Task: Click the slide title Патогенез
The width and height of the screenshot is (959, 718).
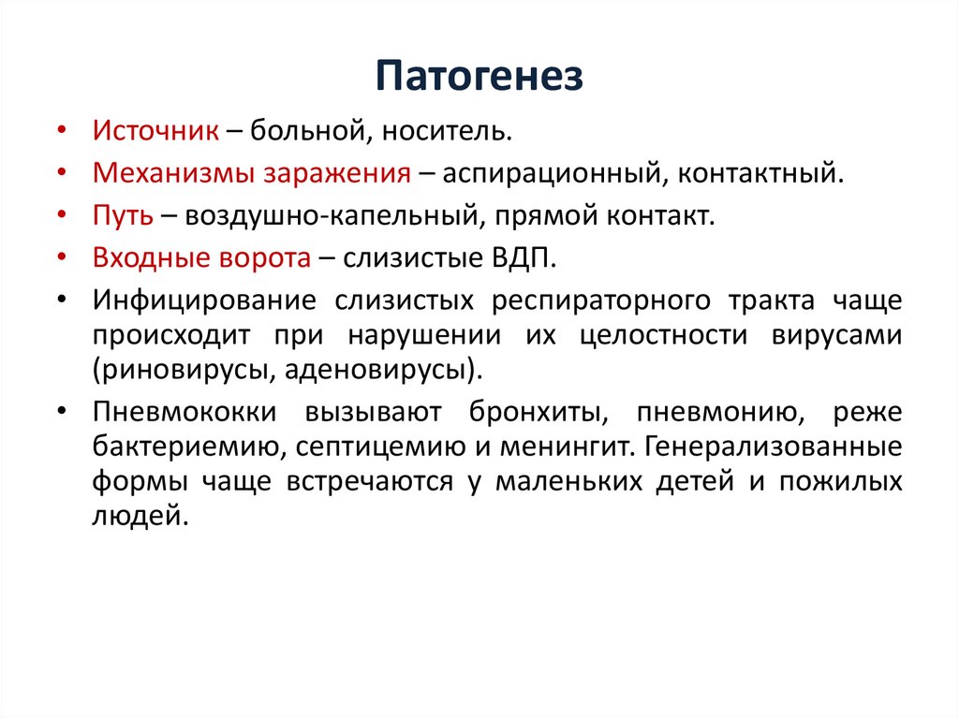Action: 479,76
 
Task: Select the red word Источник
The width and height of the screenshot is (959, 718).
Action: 155,130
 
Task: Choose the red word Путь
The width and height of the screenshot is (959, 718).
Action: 122,216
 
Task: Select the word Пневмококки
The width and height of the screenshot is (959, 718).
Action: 183,412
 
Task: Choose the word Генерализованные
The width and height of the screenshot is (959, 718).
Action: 772,446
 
